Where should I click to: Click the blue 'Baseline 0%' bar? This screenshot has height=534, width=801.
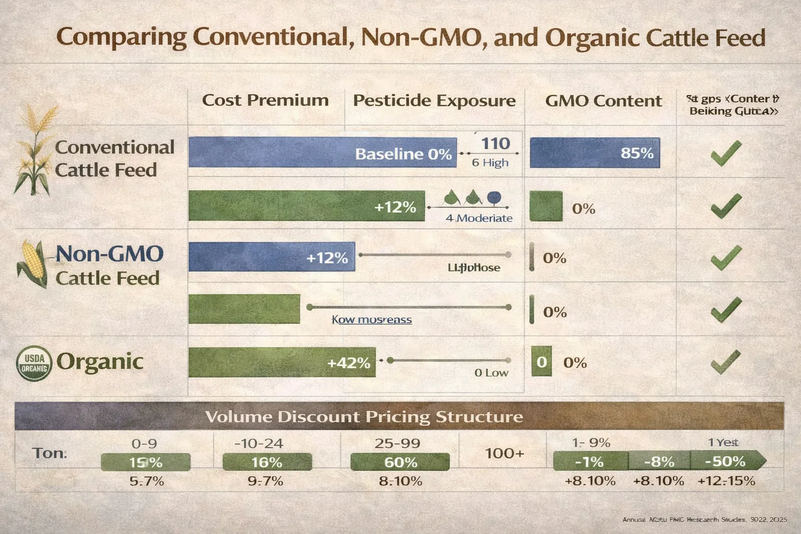coord(322,153)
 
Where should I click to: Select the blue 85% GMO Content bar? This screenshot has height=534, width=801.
coord(594,153)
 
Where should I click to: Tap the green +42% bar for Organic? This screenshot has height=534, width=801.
coord(282,362)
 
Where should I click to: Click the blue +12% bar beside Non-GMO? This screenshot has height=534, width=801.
coord(271,257)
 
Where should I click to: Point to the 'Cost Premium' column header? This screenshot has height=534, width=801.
coord(265,100)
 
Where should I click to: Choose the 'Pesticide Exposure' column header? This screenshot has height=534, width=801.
coord(434,100)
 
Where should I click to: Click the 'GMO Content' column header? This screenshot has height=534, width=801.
coord(603,101)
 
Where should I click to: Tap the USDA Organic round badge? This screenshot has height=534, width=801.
coord(34,363)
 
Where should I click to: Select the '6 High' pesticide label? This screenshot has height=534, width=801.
coord(490,163)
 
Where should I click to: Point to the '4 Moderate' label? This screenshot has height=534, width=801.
coord(479,218)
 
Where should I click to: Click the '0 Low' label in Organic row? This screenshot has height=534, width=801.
coord(491,373)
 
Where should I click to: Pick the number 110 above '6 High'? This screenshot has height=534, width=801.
coord(495,143)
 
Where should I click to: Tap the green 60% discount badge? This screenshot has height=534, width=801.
coord(400,462)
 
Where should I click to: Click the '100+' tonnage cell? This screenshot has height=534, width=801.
coord(504,453)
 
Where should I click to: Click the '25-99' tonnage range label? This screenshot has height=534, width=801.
coord(397,443)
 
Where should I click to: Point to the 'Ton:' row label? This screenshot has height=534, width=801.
coord(50,453)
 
